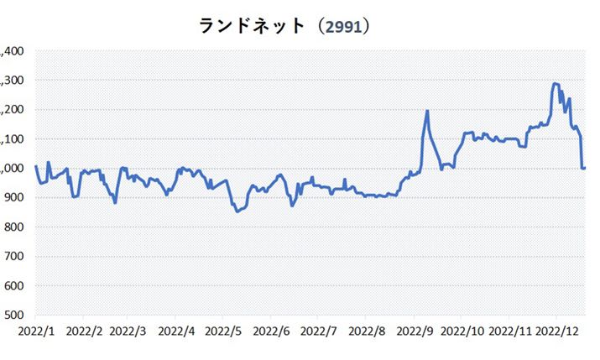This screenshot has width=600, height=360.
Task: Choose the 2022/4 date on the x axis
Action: coord(177,331)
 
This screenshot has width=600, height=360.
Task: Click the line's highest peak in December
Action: coord(555,84)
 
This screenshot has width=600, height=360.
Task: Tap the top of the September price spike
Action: coord(427,111)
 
